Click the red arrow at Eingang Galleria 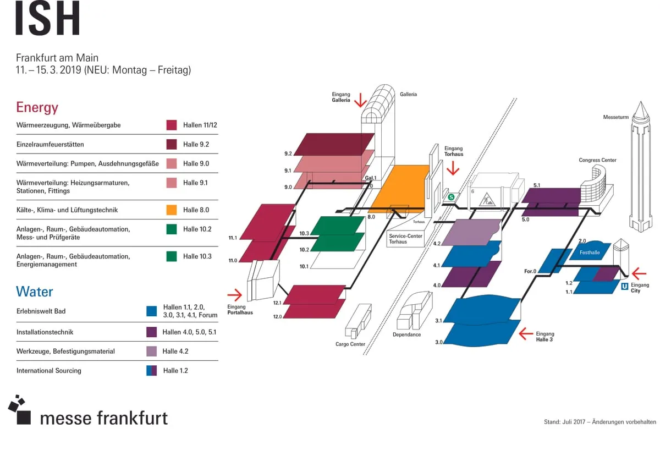pos(360,100)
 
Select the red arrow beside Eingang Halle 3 pos(526,333)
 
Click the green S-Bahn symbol pos(451,196)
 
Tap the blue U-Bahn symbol pos(624,286)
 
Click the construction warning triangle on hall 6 pos(487,199)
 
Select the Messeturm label pos(615,117)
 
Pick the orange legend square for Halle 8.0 pos(172,210)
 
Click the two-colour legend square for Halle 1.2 pos(152,370)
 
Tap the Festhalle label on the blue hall pos(590,253)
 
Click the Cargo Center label pos(350,344)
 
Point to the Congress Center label pos(597,160)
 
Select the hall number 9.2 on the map pos(288,153)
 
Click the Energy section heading pos(37,107)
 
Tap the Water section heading pos(35,291)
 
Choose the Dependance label pos(406,334)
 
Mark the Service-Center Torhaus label pos(405,239)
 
